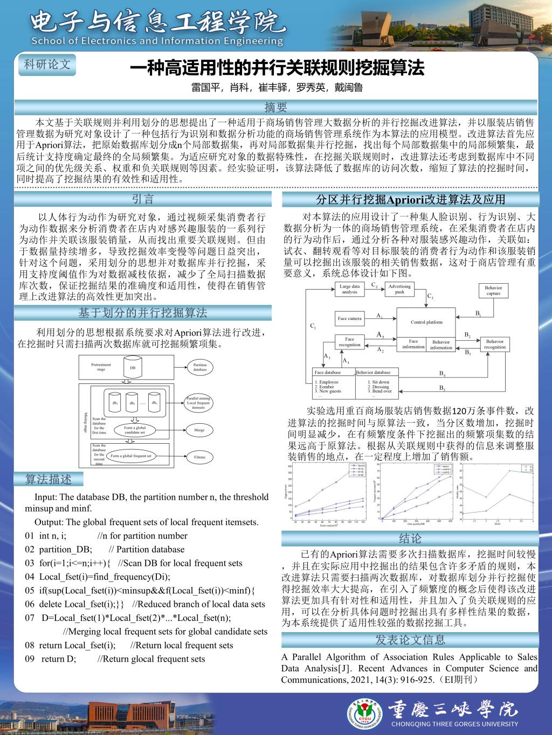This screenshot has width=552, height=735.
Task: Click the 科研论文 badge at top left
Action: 47,64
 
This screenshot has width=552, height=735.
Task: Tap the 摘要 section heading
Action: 275,107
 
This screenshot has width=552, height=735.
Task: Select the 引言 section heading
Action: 143,199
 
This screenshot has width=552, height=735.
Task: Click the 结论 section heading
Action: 410,538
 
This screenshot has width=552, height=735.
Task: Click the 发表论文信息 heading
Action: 410,640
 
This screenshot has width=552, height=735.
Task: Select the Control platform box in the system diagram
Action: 426,322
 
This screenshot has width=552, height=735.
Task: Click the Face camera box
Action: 349,318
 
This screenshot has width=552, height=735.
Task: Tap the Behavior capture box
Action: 493,291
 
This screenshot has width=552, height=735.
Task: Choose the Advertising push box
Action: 399,289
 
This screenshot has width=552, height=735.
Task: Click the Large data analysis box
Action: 349,289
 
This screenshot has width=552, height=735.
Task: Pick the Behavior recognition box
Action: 495,344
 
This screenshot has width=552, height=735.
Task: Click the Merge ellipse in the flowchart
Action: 199,430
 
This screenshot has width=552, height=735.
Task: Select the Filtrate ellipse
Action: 199,457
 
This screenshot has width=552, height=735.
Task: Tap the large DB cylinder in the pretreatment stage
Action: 133,368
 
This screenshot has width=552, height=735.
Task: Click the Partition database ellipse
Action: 199,367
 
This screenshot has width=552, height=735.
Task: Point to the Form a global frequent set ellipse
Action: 131,456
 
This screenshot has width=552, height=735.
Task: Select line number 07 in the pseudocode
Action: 31,618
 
